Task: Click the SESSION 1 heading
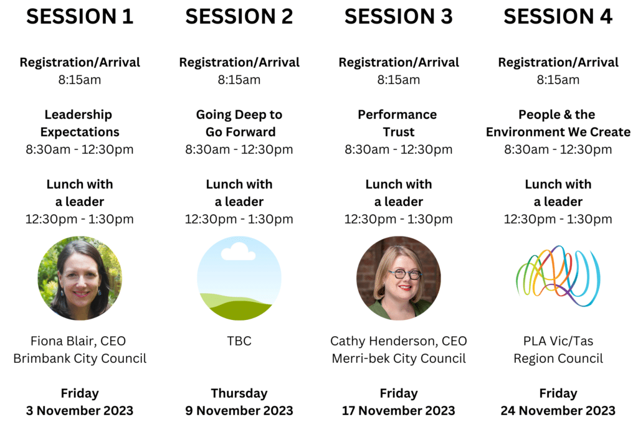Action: [x=80, y=17]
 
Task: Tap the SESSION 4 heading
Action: [x=558, y=17]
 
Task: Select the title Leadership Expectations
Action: [x=79, y=123]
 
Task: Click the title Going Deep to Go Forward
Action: [x=239, y=123]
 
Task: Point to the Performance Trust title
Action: [x=398, y=123]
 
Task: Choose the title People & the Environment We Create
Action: [x=558, y=123]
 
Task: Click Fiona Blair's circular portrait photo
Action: [x=80, y=278]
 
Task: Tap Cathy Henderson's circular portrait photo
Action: [x=399, y=278]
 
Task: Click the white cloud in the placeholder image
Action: [x=239, y=251]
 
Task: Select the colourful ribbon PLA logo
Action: [x=558, y=276]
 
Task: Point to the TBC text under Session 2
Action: [x=239, y=340]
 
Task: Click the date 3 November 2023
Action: [x=80, y=411]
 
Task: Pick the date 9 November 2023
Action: [x=239, y=411]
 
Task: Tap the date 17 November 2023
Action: [x=399, y=411]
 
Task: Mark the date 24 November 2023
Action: [x=558, y=411]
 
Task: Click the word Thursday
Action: [x=239, y=393]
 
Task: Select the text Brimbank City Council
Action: [x=80, y=359]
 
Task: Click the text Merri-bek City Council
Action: [x=399, y=359]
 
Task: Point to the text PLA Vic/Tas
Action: [x=558, y=340]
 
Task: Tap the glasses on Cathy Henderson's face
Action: [x=404, y=274]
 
